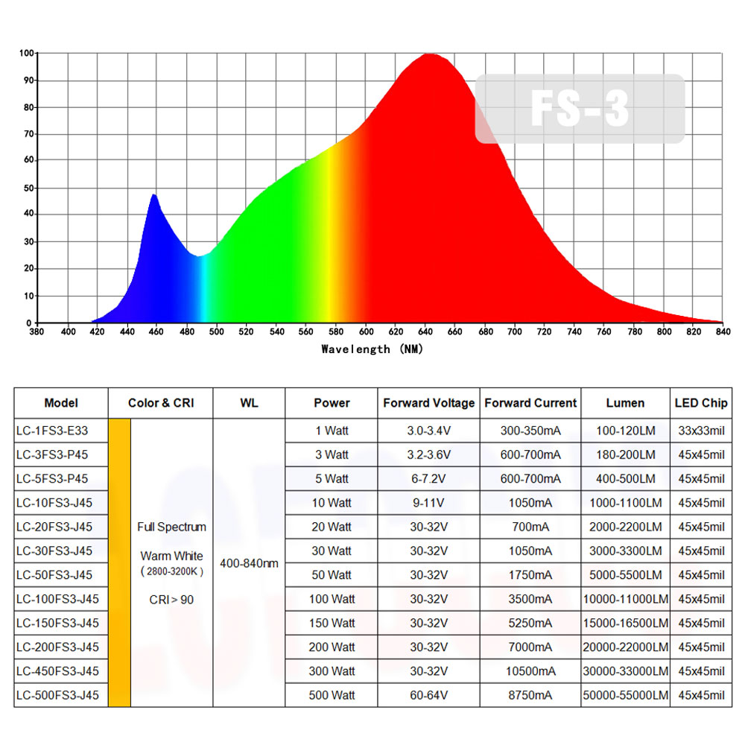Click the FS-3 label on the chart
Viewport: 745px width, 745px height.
(x=580, y=108)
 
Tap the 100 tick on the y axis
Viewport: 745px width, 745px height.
(x=26, y=53)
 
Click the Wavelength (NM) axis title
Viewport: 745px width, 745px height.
(x=373, y=349)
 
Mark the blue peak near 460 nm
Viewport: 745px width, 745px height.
(x=154, y=196)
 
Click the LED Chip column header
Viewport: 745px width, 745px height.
(x=700, y=403)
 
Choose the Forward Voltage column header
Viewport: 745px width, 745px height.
(x=428, y=403)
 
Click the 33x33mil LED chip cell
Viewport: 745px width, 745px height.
(x=700, y=430)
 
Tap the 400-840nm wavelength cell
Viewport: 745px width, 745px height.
(x=249, y=563)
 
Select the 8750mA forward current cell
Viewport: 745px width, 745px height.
(x=530, y=695)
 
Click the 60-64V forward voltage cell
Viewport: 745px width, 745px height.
(x=428, y=695)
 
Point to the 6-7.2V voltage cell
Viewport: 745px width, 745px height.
(x=428, y=478)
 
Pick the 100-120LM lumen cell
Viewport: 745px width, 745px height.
(x=625, y=430)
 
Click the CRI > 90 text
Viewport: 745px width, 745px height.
(x=171, y=600)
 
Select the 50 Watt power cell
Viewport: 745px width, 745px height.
(x=332, y=575)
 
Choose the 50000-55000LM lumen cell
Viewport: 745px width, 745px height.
(x=625, y=695)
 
